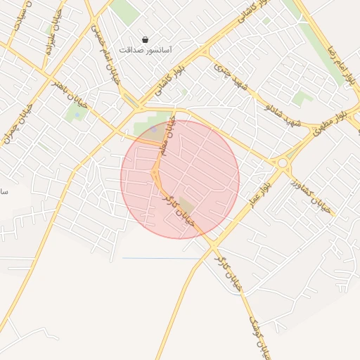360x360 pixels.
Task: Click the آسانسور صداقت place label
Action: pos(146,51)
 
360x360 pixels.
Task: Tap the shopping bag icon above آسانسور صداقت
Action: pos(146,40)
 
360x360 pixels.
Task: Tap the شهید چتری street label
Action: pos(232,78)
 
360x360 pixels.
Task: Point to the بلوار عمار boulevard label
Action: pos(256,193)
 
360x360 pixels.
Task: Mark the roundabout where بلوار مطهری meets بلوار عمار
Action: pos(283,163)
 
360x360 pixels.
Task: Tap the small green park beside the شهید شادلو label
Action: pos(302,98)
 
